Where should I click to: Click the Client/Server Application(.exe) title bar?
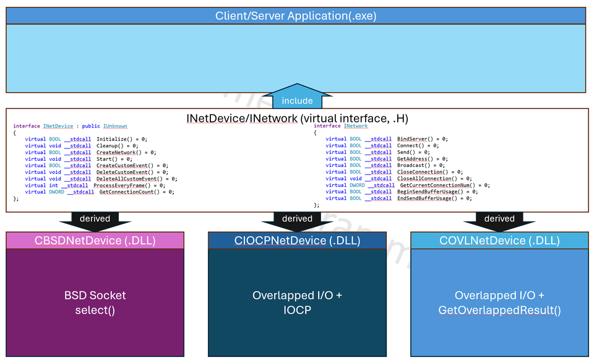(x=296, y=15)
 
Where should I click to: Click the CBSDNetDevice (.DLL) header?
(x=95, y=241)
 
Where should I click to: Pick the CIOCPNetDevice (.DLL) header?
(x=297, y=241)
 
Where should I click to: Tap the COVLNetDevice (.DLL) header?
(x=499, y=241)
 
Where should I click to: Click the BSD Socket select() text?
(x=95, y=303)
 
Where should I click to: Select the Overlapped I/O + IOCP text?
(x=297, y=303)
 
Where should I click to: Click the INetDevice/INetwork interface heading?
(x=297, y=118)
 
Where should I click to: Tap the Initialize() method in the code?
(x=114, y=139)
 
